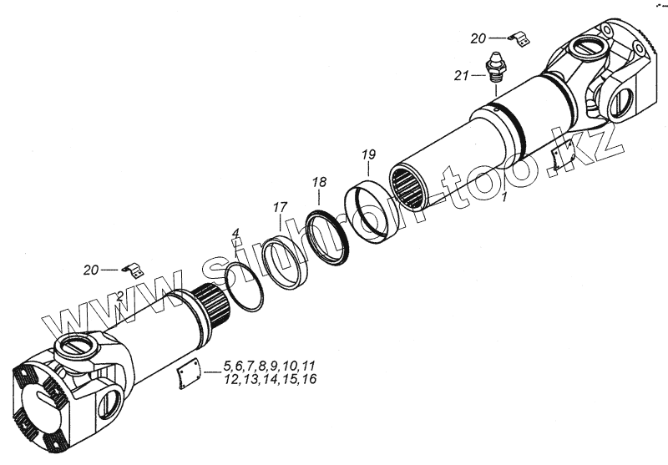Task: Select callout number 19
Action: click(369, 154)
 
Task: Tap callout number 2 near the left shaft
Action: click(121, 296)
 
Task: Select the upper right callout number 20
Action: click(478, 38)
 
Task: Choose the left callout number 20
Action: click(91, 269)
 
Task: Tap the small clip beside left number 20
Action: click(131, 269)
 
